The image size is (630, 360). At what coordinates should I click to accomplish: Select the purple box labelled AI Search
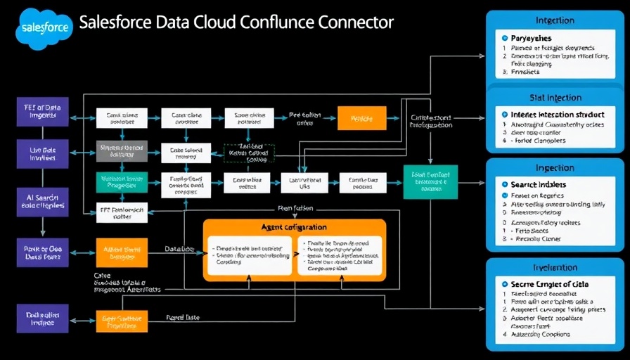(x=42, y=200)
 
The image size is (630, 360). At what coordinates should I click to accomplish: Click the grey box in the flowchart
(x=122, y=151)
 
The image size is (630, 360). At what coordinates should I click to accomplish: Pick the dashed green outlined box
(x=249, y=154)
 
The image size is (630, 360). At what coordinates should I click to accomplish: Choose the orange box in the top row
(x=362, y=119)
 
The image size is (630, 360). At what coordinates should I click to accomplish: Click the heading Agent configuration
(x=294, y=228)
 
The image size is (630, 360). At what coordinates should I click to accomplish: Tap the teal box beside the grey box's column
(x=122, y=182)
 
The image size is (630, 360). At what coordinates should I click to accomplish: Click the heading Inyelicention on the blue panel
(x=555, y=267)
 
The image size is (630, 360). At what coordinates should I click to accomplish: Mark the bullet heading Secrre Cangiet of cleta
(x=550, y=284)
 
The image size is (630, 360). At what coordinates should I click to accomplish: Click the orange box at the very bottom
(x=122, y=322)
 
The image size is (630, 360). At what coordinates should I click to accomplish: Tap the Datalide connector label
(x=179, y=249)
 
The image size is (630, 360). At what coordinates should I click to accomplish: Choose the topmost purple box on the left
(x=42, y=112)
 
